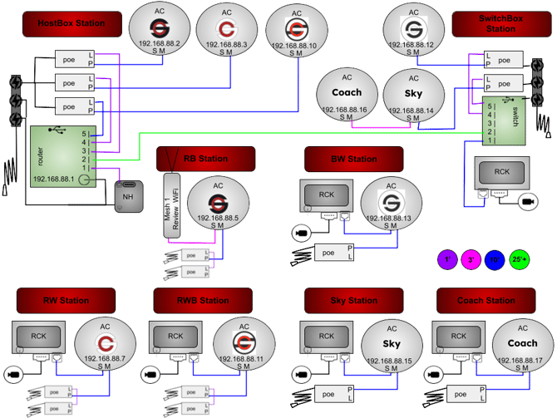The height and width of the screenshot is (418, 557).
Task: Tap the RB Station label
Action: point(205,159)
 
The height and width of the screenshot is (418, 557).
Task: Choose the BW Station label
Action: point(353,159)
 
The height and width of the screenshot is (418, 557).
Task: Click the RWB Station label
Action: point(202,300)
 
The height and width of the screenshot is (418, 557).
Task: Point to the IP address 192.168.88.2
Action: point(161,43)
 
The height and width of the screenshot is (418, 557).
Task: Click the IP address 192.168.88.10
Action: point(296,44)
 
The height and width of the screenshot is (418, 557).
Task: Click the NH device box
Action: point(128,196)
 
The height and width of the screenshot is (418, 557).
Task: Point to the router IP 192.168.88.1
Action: point(53,179)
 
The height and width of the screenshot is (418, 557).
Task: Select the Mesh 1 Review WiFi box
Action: point(171,204)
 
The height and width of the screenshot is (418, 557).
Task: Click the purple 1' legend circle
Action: point(446,259)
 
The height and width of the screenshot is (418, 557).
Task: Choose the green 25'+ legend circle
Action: point(520,259)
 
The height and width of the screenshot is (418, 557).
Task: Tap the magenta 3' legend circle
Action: point(471,259)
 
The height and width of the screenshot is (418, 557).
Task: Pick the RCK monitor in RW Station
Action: point(39,337)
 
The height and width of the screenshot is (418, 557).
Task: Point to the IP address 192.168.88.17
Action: point(522,360)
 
